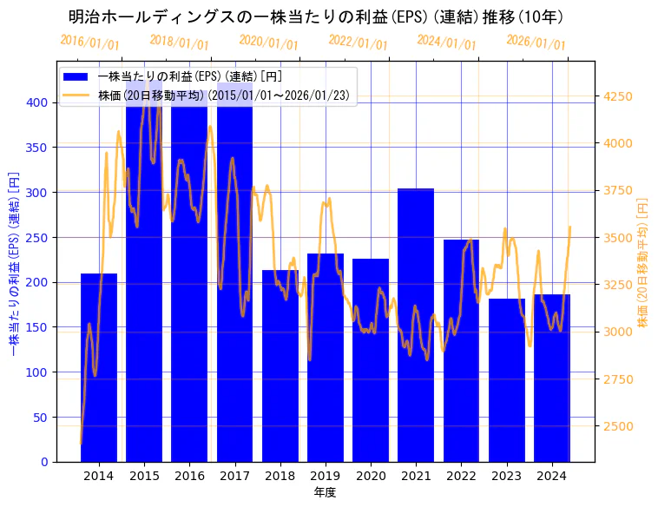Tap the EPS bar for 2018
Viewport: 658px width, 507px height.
[x=280, y=365]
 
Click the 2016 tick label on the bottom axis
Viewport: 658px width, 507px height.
[x=189, y=475]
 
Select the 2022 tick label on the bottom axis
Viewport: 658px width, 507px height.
[x=461, y=475]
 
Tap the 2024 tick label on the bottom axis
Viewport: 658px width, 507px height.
[x=552, y=475]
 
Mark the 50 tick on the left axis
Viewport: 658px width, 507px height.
[x=43, y=417]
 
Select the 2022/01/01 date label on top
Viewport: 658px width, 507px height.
[x=358, y=42]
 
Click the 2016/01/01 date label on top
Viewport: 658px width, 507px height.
[x=90, y=42]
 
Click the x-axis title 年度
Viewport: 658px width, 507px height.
[x=326, y=492]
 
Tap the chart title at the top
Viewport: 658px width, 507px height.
[x=316, y=16]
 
